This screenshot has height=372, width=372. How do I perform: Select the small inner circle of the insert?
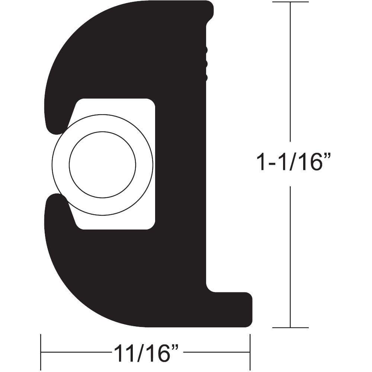pos(102,164)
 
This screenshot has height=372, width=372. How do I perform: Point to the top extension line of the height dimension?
pos(290,2)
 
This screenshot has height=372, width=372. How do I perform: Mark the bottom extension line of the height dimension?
pos(290,328)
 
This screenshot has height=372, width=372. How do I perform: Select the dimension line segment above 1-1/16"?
pos(290,74)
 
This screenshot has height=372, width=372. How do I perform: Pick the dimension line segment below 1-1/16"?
pos(290,257)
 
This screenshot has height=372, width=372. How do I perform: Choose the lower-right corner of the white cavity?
pos(150,225)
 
